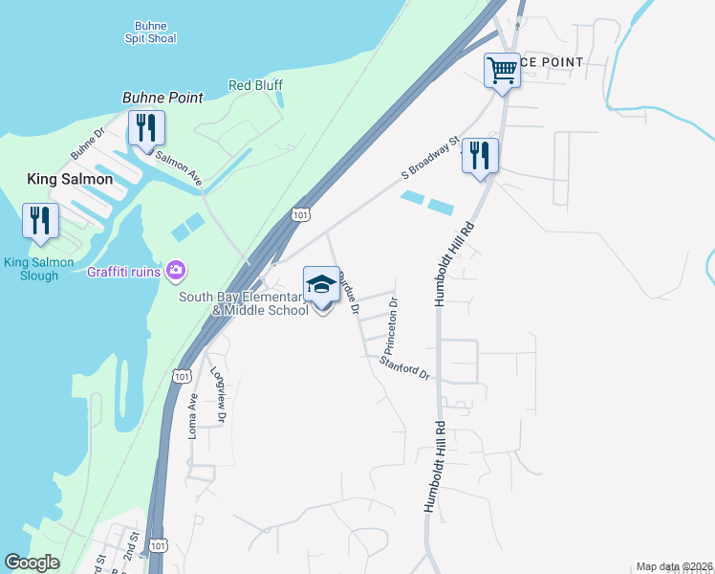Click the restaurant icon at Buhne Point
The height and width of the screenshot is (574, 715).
pyautogui.click(x=146, y=128)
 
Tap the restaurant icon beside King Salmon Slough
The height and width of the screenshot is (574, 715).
pyautogui.click(x=39, y=221)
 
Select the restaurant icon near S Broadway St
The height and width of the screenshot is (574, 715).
pyautogui.click(x=480, y=156)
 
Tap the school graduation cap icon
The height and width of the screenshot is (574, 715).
pyautogui.click(x=321, y=284)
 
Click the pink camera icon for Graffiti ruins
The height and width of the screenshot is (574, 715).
pyautogui.click(x=175, y=271)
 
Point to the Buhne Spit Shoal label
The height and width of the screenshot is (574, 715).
pyautogui.click(x=150, y=32)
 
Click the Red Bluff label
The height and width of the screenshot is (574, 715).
pyautogui.click(x=255, y=85)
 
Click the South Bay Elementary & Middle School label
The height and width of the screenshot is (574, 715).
pyautogui.click(x=244, y=303)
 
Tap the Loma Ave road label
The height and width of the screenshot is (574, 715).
pyautogui.click(x=193, y=416)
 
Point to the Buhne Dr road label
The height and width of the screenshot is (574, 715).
pyautogui.click(x=86, y=143)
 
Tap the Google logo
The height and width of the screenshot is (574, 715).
pyautogui.click(x=32, y=563)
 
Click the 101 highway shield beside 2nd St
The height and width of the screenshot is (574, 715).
pyautogui.click(x=159, y=546)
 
